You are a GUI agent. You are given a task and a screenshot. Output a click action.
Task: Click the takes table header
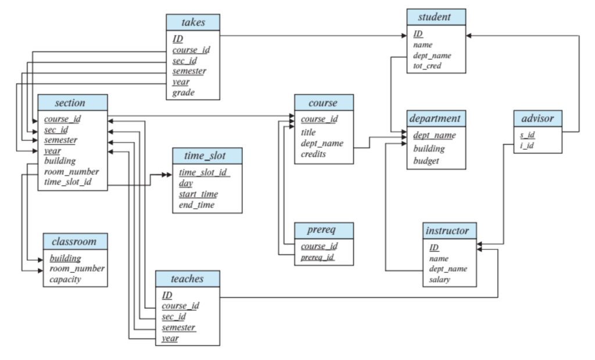[193, 22]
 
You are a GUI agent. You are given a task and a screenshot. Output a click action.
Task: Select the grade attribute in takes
[184, 92]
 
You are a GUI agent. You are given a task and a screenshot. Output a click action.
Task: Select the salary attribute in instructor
[439, 279]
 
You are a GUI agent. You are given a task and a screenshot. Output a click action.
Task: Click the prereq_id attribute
[318, 257]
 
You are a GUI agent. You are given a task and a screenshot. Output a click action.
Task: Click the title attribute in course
[309, 132]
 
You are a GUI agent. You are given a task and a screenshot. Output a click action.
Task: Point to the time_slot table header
[207, 157]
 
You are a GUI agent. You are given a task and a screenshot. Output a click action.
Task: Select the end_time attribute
[198, 204]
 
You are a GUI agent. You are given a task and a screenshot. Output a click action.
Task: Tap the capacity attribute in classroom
[65, 279]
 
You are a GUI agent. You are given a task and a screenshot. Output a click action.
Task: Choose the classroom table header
[75, 241]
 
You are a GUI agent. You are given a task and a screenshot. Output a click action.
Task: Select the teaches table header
[187, 279]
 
